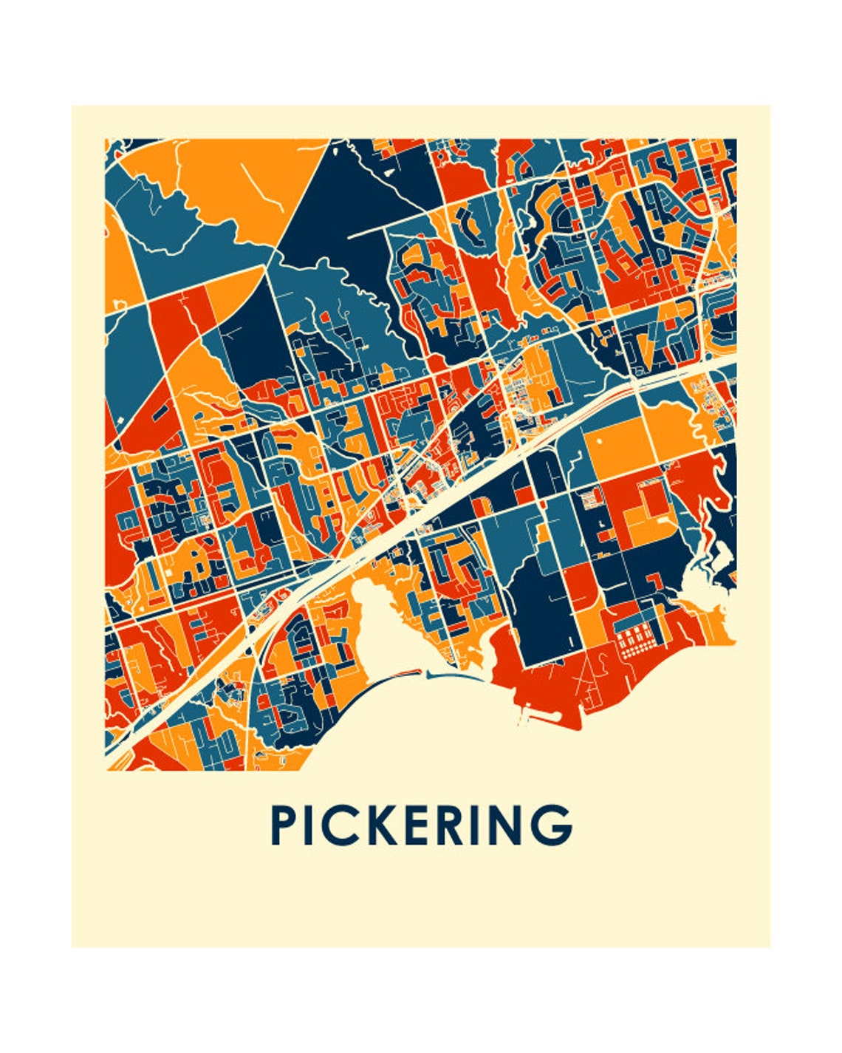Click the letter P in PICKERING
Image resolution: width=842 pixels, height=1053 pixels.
(x=285, y=825)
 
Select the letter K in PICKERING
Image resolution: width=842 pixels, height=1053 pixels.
(x=386, y=825)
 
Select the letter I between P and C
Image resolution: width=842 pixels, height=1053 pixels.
(x=314, y=825)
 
